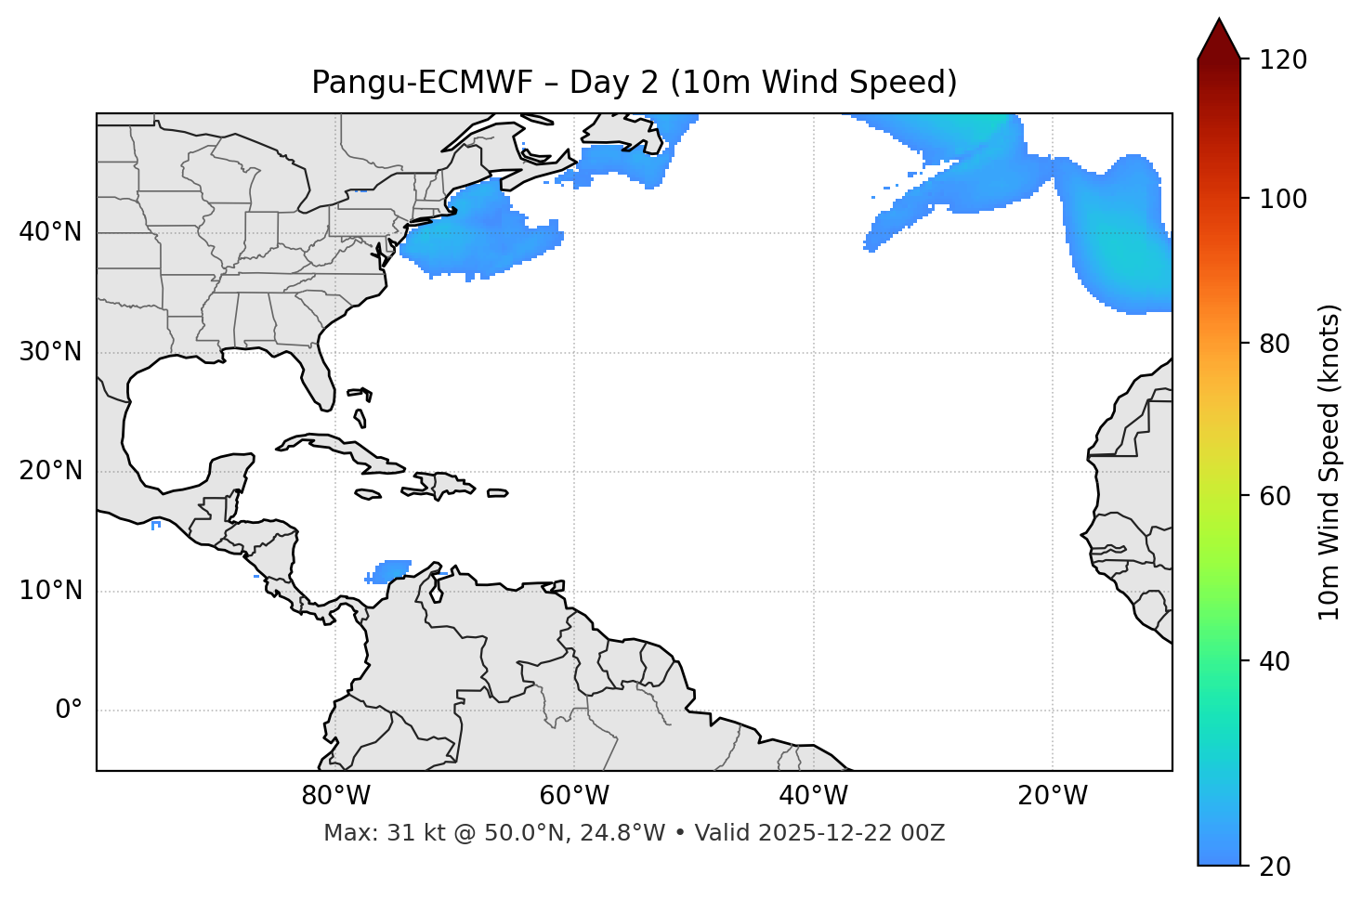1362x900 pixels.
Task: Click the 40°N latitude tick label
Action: point(50,232)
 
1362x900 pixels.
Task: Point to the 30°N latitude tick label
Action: point(50,352)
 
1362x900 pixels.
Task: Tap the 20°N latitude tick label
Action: point(50,471)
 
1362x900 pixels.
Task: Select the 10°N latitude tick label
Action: point(50,591)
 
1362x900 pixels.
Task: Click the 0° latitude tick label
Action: point(69,711)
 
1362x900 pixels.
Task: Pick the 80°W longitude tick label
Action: point(335,796)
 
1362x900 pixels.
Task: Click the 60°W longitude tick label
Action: point(574,796)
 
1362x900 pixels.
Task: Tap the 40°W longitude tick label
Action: point(813,796)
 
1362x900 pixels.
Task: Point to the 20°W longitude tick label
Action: point(1053,796)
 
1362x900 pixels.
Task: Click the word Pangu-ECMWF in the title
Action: point(422,83)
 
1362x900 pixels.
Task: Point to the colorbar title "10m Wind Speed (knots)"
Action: point(1329,463)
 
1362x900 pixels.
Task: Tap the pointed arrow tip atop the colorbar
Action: point(1219,22)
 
